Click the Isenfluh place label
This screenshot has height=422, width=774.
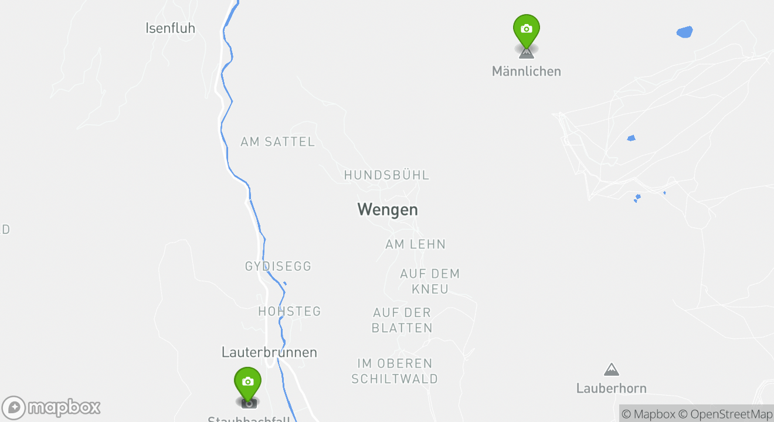pos(170,28)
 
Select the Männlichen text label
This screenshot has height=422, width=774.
pos(526,72)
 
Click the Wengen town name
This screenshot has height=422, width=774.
pos(388,209)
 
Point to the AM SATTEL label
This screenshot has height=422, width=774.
pos(277,142)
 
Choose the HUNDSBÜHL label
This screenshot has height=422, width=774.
pos(386,175)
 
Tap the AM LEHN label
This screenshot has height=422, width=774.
pos(415,244)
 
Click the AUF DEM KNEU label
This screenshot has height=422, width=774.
pos(430,281)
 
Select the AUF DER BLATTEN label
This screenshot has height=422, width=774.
pos(402,320)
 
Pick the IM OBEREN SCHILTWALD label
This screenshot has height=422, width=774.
pos(395,371)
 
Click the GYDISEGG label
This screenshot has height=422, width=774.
pos(278,267)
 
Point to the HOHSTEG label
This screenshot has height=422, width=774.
pos(290,311)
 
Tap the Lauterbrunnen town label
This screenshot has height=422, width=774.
pos(269,352)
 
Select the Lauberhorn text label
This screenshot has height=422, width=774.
pos(611,389)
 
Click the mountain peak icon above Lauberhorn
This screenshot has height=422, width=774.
pos(612,369)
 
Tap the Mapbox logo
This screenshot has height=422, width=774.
pos(52,407)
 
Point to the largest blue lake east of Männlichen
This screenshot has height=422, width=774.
pos(684,32)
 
